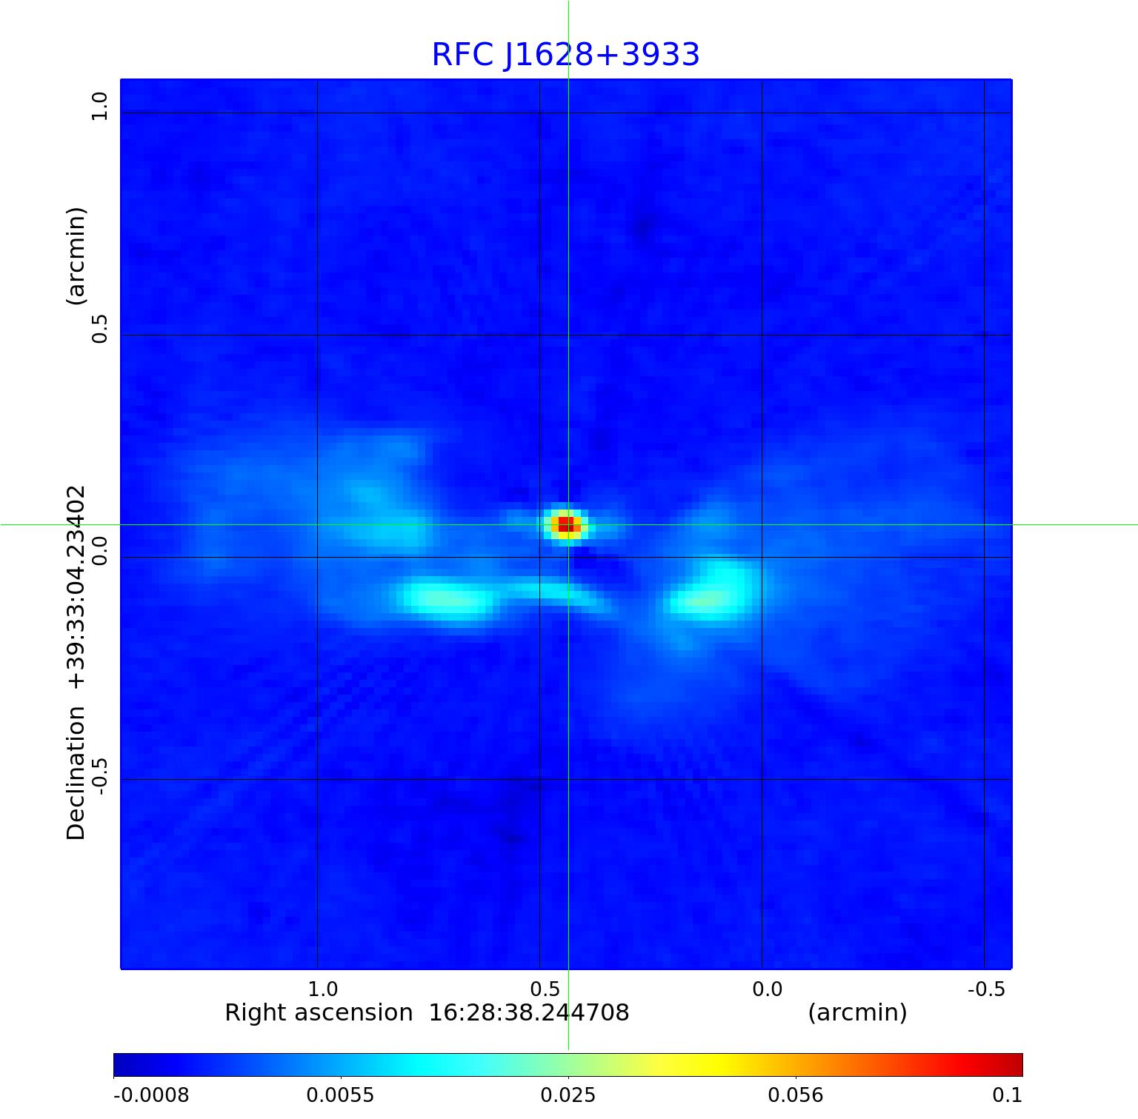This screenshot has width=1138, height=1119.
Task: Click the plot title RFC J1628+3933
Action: point(565,55)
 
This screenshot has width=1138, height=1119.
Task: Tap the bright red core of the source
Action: point(566,524)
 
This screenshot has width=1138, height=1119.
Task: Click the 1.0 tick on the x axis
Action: point(323,989)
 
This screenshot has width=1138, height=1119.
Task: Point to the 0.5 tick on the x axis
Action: point(545,989)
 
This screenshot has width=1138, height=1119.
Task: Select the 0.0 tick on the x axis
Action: point(768,989)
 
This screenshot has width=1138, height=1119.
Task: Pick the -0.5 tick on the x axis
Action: point(987,989)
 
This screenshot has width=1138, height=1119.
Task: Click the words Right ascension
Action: point(319,1012)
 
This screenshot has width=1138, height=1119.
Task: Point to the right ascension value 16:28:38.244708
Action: point(529,1012)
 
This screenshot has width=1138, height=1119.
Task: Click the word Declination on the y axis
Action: point(76,773)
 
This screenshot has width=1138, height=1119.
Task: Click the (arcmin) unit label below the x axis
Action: point(857,1012)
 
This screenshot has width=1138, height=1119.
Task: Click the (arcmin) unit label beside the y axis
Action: point(76,255)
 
